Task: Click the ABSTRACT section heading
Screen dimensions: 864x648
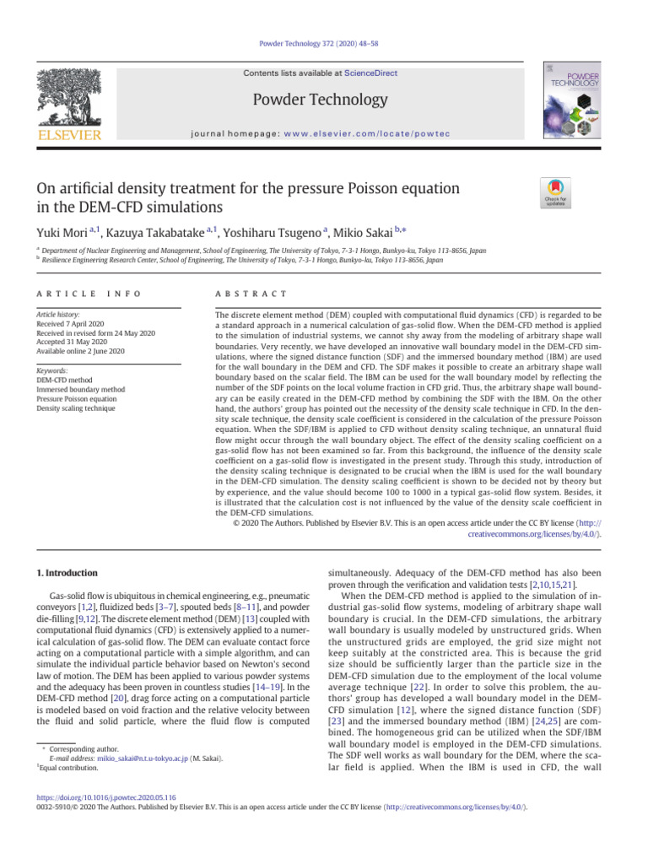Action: click(x=251, y=293)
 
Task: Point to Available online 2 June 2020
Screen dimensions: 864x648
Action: click(x=82, y=352)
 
